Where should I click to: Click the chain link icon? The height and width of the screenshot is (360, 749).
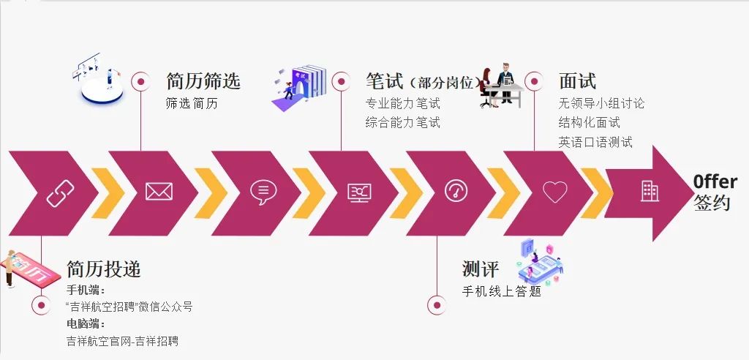point(60,192)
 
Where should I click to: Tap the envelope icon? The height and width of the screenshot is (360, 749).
point(159,192)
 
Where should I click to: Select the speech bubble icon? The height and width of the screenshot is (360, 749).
point(263,192)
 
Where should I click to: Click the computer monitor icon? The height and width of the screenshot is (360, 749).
point(359,192)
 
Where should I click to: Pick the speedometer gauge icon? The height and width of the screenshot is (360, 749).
point(457,191)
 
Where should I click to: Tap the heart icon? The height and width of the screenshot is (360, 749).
point(555,192)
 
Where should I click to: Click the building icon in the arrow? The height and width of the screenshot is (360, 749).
point(650,192)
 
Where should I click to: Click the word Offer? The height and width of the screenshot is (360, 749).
point(715,182)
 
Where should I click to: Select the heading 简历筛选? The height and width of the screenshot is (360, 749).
point(203,81)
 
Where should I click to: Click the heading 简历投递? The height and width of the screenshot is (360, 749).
point(104,269)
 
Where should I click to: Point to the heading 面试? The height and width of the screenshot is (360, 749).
point(577,81)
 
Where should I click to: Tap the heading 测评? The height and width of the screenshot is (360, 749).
point(481,269)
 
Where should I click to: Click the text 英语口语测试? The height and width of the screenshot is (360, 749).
point(595,142)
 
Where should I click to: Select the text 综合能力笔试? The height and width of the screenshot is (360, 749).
point(403,123)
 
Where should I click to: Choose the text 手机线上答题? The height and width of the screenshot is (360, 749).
point(502,291)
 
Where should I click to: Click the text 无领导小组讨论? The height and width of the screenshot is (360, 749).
point(601,104)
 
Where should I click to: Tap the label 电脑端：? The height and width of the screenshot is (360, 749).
point(86,323)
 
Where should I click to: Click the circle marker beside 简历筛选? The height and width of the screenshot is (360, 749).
point(140,81)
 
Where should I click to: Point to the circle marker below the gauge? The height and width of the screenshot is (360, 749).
point(437,305)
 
